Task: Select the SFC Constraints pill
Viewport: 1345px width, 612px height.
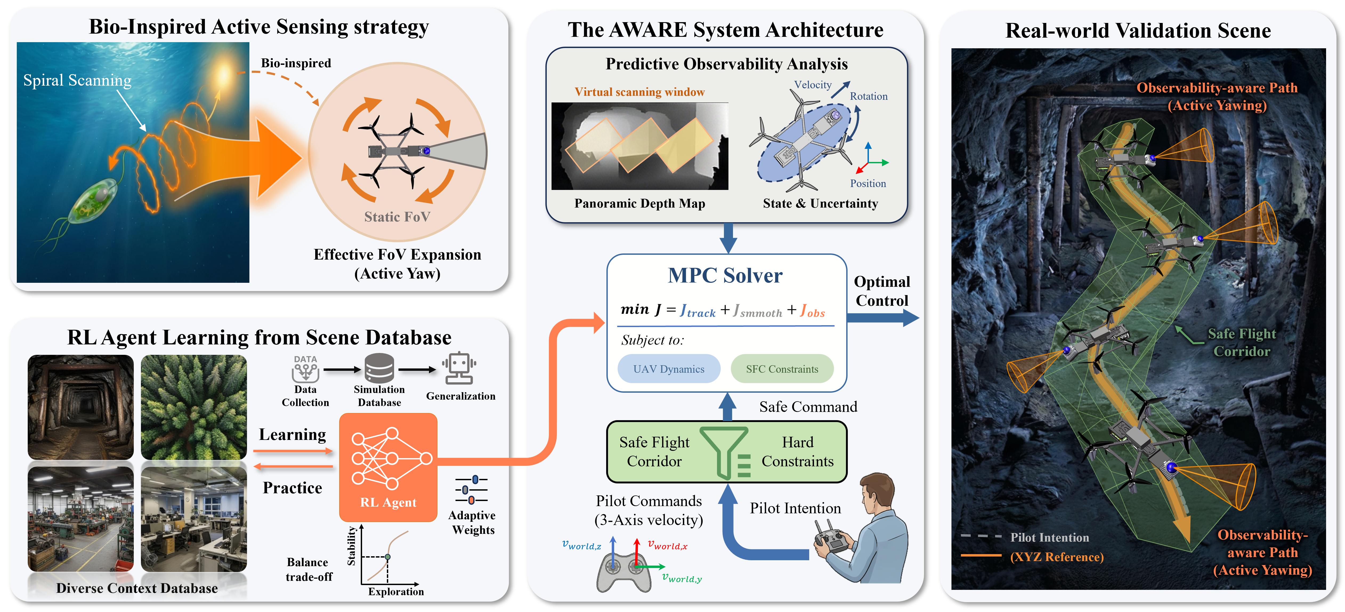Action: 782,369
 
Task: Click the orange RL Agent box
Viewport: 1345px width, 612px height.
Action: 388,467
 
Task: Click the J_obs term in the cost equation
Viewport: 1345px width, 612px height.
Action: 812,311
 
